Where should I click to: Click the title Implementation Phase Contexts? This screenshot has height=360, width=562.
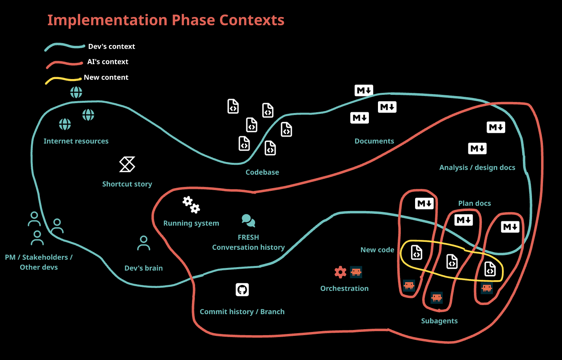pyautogui.click(x=166, y=20)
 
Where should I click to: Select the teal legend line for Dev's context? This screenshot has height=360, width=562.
pyautogui.click(x=64, y=47)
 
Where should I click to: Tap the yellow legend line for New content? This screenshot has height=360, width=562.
pyautogui.click(x=63, y=79)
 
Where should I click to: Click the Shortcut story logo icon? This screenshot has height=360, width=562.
pyautogui.click(x=127, y=164)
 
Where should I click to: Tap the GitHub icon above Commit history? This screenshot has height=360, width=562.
pyautogui.click(x=242, y=290)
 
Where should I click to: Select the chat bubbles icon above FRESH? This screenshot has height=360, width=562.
pyautogui.click(x=248, y=221)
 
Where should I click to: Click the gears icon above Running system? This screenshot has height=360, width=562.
pyautogui.click(x=191, y=205)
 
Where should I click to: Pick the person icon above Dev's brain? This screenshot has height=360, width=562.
pyautogui.click(x=143, y=243)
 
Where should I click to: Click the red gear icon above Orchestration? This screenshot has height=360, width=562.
pyautogui.click(x=340, y=272)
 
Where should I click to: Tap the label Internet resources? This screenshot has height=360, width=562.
pyautogui.click(x=76, y=141)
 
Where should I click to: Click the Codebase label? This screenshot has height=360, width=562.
pyautogui.click(x=262, y=172)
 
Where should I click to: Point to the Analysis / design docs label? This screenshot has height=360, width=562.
pyautogui.click(x=477, y=168)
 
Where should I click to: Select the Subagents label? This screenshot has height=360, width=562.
pyautogui.click(x=439, y=321)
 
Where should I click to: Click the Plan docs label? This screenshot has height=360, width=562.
pyautogui.click(x=474, y=204)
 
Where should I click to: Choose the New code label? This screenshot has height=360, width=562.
pyautogui.click(x=377, y=250)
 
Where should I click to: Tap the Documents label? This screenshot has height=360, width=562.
pyautogui.click(x=374, y=141)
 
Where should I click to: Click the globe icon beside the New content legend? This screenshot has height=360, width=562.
pyautogui.click(x=76, y=92)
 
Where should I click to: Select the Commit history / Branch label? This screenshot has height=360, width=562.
pyautogui.click(x=242, y=312)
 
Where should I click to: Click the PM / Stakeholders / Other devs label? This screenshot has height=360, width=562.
pyautogui.click(x=39, y=262)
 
